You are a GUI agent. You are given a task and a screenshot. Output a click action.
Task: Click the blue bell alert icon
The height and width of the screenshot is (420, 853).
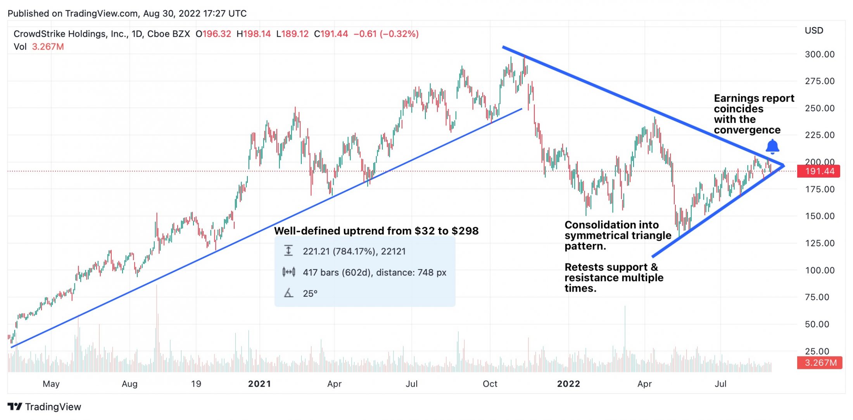(772, 147)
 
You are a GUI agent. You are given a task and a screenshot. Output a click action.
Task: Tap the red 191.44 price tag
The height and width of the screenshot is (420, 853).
(818, 171)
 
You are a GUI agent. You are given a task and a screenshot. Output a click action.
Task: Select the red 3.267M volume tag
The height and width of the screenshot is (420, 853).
(820, 363)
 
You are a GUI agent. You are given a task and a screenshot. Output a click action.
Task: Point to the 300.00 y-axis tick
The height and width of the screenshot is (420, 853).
(820, 54)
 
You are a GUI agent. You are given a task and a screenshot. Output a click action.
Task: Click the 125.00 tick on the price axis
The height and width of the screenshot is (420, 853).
(820, 243)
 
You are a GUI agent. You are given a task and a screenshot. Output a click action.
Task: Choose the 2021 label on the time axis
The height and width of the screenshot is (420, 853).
(259, 384)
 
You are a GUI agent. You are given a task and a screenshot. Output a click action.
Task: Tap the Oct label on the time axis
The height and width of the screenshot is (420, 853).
(490, 384)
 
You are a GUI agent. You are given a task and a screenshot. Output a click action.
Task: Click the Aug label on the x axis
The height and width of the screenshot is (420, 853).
(130, 384)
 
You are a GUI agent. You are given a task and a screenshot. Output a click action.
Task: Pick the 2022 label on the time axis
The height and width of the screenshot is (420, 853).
(568, 384)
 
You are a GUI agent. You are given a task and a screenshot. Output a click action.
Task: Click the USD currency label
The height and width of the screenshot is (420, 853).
(814, 31)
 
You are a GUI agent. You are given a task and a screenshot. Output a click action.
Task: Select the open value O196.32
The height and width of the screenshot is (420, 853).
(213, 34)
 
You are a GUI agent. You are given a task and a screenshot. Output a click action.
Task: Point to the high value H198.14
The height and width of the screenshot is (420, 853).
(254, 34)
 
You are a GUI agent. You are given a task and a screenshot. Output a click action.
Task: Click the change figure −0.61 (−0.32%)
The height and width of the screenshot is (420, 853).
(386, 34)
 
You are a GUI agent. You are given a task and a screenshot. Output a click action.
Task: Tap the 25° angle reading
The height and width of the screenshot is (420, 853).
(310, 294)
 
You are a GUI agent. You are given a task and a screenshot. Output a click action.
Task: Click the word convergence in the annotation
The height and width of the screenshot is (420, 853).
(747, 130)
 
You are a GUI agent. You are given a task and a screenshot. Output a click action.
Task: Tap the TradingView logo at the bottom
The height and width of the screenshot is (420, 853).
(44, 407)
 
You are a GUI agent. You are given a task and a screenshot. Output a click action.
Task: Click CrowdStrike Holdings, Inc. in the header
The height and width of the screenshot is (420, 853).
(71, 34)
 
